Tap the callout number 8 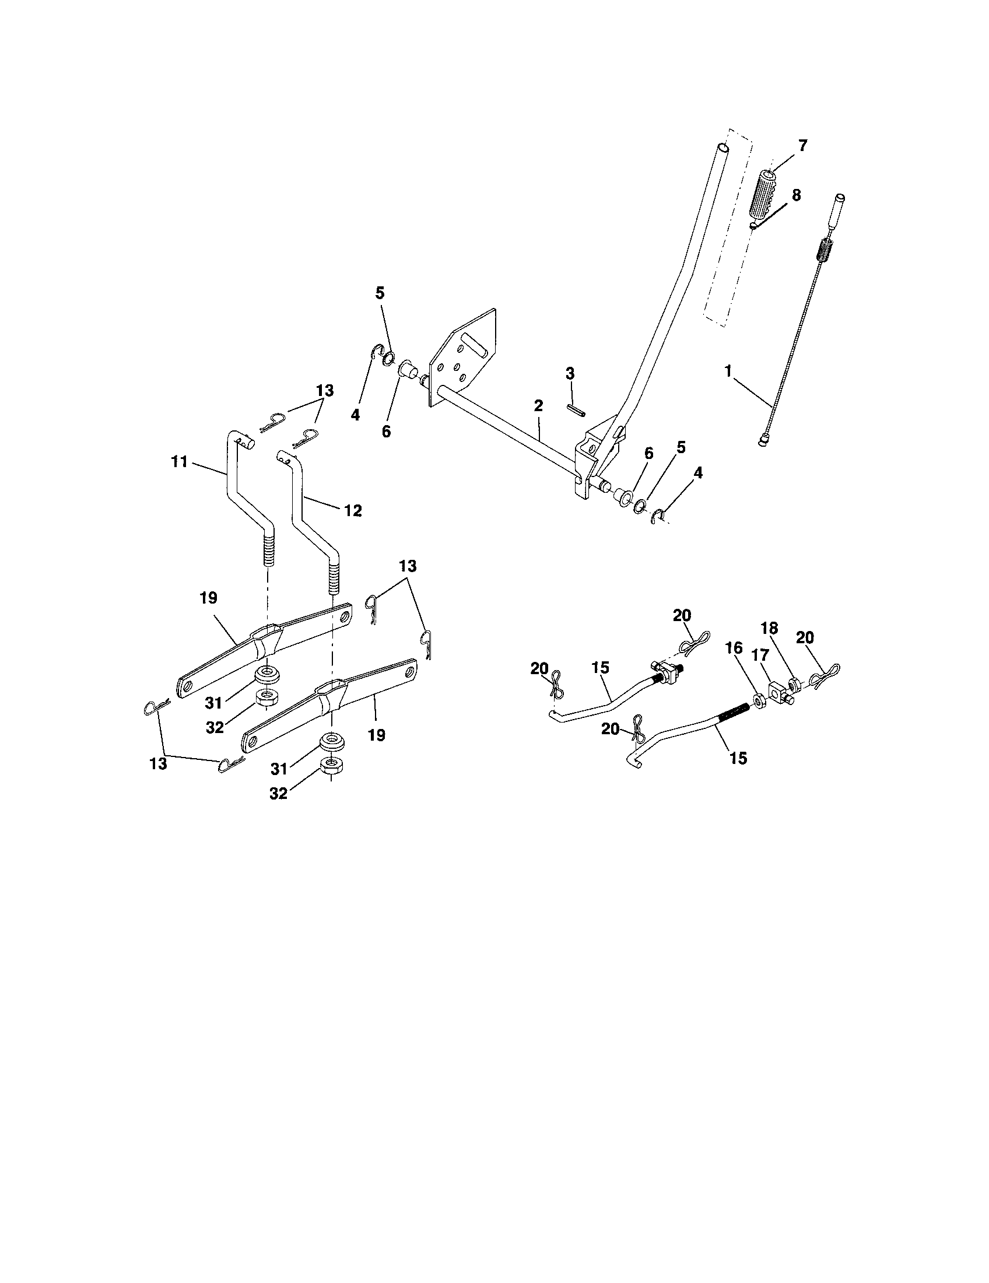796,195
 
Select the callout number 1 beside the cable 728,371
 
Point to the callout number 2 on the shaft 538,405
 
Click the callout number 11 179,462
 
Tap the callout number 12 352,510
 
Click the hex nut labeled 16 757,700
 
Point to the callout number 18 769,628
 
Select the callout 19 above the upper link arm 208,597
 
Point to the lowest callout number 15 738,758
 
